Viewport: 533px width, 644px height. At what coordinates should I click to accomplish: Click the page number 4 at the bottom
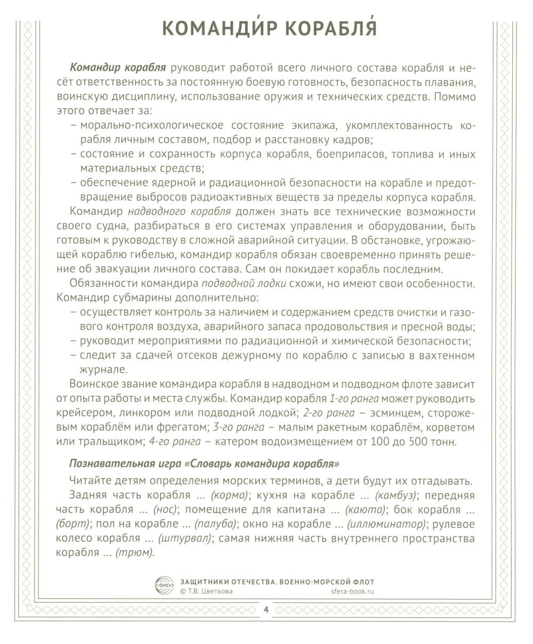pos(266,610)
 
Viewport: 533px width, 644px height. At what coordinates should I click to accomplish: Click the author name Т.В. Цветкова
pos(208,591)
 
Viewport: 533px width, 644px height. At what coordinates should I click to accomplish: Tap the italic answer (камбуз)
pos(397,495)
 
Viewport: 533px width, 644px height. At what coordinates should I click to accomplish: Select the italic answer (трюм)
pos(135,553)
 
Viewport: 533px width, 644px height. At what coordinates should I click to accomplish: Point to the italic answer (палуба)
pos(214,524)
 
